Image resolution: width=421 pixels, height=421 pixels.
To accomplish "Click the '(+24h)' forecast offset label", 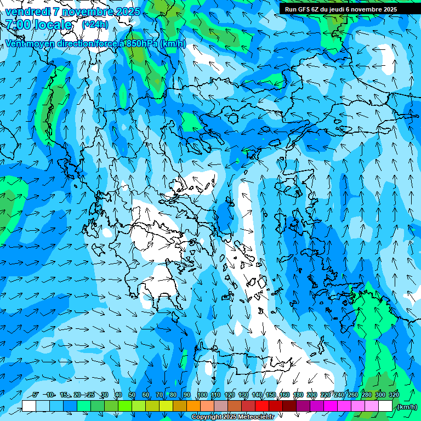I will [95, 25].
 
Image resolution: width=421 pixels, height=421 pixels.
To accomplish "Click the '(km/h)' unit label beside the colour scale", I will [407, 407].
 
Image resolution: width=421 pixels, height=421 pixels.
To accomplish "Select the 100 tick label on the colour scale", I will [202, 395].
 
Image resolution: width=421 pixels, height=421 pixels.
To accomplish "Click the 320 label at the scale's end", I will [394, 395].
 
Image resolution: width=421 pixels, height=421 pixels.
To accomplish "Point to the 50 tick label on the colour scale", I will [132, 395].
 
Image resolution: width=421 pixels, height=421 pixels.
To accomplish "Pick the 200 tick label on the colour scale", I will [312, 395].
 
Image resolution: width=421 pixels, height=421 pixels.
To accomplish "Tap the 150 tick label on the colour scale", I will [271, 395].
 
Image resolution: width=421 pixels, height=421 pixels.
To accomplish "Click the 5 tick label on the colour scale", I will [36, 395].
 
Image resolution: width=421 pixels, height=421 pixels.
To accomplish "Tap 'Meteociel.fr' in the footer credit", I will [256, 417].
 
